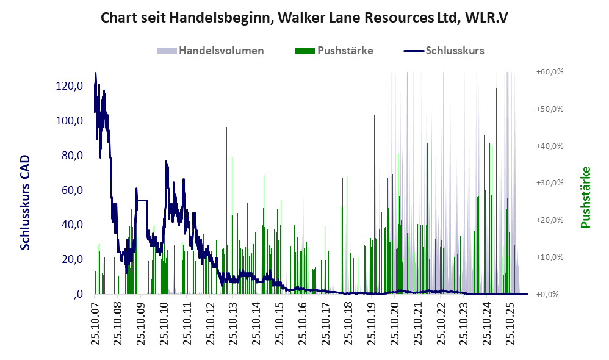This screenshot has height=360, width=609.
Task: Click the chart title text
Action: pos(304,18)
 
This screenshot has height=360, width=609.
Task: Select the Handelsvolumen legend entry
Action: pos(211,51)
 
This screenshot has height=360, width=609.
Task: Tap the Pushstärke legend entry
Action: pos(334,51)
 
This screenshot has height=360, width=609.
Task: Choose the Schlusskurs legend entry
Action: pos(444,51)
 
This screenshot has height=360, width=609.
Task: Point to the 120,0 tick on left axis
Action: pos(70,86)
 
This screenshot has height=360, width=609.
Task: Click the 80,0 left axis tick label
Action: pos(73,156)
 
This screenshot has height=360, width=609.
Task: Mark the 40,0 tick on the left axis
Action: pos(73,225)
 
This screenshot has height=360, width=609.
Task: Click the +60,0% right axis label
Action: pos(550,72)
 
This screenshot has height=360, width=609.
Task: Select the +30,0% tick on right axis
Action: pos(550,183)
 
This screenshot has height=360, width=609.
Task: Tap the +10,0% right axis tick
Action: pos(550,257)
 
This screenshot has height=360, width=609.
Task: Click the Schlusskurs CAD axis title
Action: pos(25,203)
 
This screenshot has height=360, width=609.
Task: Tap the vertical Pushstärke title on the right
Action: pos(585,197)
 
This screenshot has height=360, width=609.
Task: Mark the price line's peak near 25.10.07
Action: pos(96,73)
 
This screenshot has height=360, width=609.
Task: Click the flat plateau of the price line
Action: pos(142,200)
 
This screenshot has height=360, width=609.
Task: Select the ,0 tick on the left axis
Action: pos(77,294)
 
